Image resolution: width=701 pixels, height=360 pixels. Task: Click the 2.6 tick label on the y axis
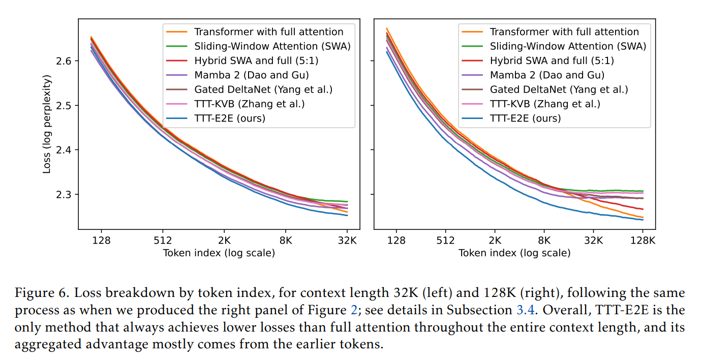point(64,61)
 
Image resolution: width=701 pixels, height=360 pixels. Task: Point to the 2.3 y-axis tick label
point(64,194)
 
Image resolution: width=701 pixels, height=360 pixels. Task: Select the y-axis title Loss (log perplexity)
point(47,124)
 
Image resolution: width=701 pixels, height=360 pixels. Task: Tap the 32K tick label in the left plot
point(347,240)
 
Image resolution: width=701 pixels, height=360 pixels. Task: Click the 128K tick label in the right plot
point(643,240)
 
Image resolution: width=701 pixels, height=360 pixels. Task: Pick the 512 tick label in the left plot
point(163,240)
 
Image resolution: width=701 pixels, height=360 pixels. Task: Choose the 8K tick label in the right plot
point(544,240)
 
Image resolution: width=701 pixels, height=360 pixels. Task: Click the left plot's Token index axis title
point(219,253)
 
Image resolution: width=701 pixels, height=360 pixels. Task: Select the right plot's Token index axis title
point(514,253)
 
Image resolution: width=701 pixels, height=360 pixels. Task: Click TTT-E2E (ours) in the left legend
point(230,118)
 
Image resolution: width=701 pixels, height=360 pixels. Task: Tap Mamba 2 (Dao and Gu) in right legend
point(547,75)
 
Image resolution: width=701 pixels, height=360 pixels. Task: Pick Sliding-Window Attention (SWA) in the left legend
point(272,46)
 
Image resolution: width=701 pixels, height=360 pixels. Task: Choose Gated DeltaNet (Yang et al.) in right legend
point(559,89)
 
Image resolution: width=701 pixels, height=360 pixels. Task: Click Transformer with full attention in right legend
point(564,32)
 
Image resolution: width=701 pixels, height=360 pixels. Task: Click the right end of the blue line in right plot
point(643,220)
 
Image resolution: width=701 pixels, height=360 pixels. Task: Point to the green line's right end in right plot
point(643,191)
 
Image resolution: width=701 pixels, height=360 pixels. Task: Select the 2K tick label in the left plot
point(224,240)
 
